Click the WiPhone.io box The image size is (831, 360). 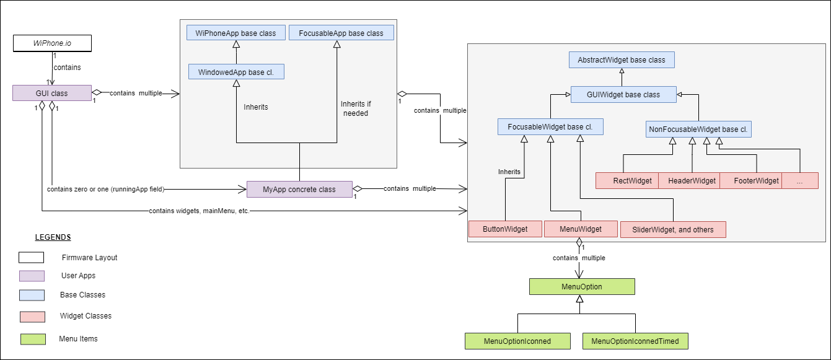point(52,43)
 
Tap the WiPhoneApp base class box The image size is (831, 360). point(235,32)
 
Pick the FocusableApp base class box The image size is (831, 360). point(341,32)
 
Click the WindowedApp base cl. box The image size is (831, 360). point(235,72)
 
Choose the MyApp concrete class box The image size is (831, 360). point(299,189)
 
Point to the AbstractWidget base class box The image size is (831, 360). point(622,60)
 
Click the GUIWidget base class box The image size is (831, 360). point(623,95)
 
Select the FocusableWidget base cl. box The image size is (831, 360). point(550,127)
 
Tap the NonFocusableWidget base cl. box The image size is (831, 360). point(698,130)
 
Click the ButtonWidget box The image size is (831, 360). point(505,229)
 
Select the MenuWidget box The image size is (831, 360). point(581,229)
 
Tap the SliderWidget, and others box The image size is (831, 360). point(672,230)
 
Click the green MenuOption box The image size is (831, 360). point(582,287)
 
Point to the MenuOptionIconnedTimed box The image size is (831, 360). point(635,341)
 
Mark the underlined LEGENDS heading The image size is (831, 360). point(53,237)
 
